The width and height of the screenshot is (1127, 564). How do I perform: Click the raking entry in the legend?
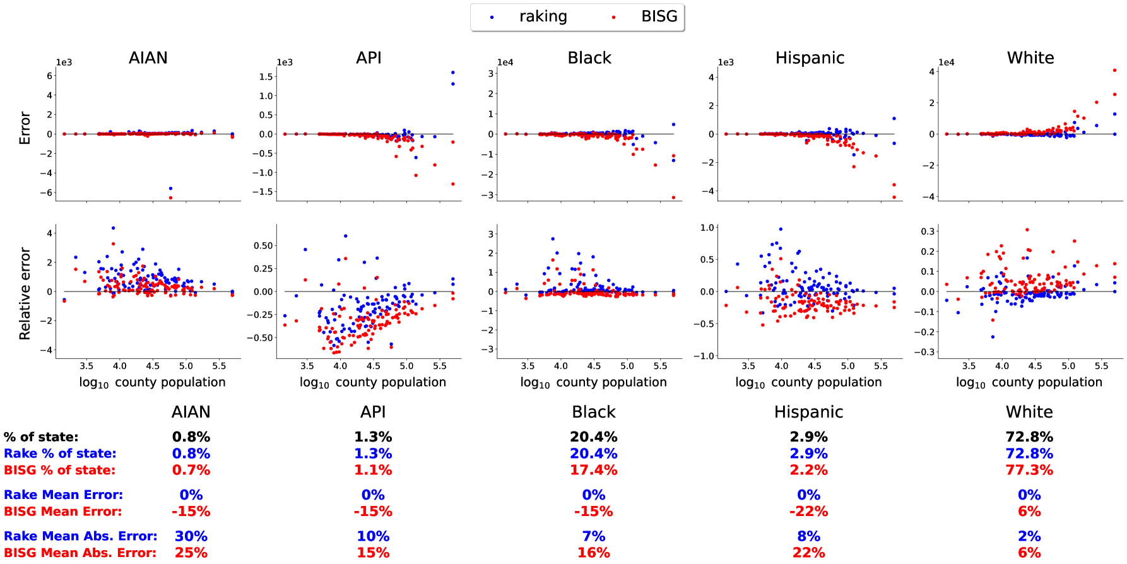pos(542,17)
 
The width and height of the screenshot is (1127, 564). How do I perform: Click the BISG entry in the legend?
pos(658,17)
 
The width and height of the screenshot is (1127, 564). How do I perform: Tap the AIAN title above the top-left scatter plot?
pos(148,58)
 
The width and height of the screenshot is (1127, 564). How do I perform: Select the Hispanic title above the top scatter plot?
pos(810,58)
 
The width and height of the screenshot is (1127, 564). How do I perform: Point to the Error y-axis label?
pos(25,128)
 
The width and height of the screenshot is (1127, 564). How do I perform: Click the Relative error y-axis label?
pos(25,293)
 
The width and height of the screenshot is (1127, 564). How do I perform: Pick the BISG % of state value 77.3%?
pos(1029,470)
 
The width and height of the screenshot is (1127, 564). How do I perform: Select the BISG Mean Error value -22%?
pos(808,512)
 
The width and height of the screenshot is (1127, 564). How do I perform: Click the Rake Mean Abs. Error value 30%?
pos(191,536)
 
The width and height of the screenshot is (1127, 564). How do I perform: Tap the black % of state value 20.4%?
pos(594,437)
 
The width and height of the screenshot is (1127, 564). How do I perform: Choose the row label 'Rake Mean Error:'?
pos(63,495)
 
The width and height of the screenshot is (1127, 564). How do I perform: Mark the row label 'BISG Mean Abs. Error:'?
pos(80,553)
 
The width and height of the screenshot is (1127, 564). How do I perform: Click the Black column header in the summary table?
pos(594,412)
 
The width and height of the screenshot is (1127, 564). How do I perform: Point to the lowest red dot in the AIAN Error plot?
pos(170,197)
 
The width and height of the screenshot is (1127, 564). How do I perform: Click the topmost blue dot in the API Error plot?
pos(453,73)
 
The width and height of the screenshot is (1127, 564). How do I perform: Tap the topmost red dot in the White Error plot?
pos(1115,71)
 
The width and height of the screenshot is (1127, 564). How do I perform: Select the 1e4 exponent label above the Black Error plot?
pos(505,62)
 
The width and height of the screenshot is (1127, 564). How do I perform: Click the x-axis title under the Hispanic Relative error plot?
pos(808,382)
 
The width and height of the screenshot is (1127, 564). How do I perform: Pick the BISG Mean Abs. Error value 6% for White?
pos(1029,553)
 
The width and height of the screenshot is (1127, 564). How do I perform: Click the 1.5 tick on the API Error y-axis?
pos(266,77)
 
